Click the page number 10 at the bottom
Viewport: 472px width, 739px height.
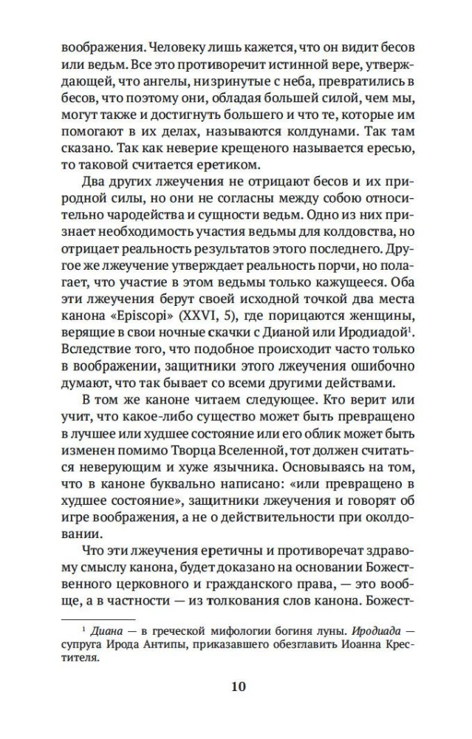(238, 687)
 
